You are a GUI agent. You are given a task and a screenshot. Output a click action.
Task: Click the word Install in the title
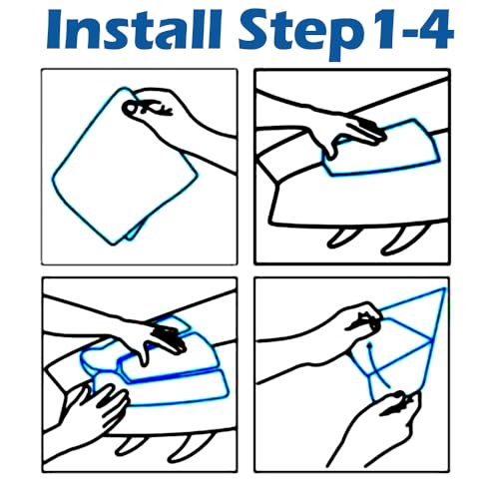point(134,30)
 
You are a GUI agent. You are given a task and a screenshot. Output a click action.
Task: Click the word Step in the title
point(299,35)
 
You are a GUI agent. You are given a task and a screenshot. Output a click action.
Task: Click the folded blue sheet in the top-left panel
point(125,167)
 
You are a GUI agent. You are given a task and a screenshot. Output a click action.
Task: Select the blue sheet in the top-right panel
point(382,148)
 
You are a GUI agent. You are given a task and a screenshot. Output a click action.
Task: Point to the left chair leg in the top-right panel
point(341,239)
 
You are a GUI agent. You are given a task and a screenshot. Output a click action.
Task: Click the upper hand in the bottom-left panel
point(147,336)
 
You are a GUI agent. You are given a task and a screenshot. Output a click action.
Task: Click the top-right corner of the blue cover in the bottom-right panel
point(444,288)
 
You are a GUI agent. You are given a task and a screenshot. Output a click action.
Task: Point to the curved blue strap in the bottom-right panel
point(377,366)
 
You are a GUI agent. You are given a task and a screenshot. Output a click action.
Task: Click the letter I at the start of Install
point(55,30)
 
